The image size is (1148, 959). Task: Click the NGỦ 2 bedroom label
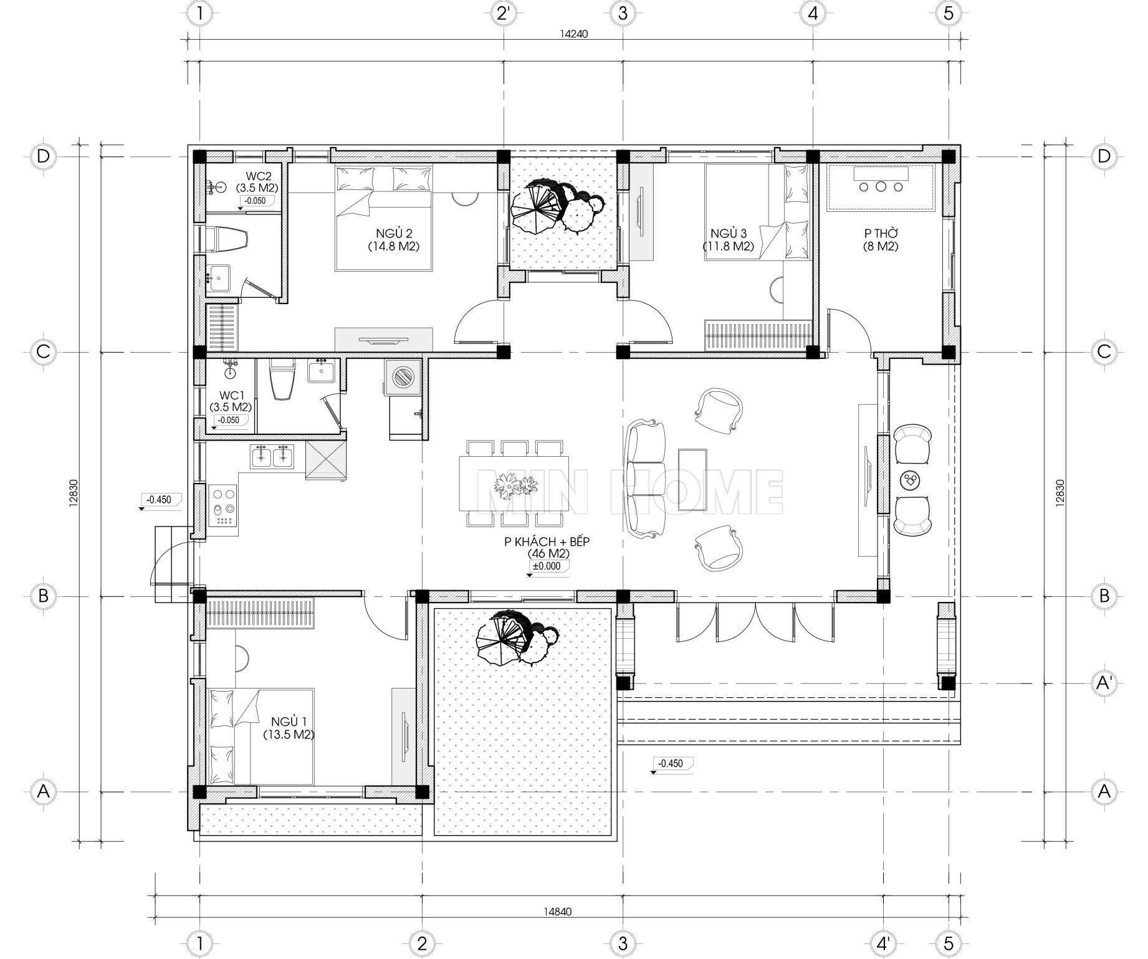pos(393,240)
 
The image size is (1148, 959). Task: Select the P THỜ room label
pos(881,240)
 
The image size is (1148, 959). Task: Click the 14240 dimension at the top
pos(573,35)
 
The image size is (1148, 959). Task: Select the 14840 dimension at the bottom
pos(557,912)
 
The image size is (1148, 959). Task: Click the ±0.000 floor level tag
pos(546,566)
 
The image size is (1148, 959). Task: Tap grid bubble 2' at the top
pos(504,13)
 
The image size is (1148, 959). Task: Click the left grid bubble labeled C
pos(43,351)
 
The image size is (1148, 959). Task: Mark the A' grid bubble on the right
pos(1104,684)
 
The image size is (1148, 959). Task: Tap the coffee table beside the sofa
pos(692,481)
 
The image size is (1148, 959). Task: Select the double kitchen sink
pos(272,456)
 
